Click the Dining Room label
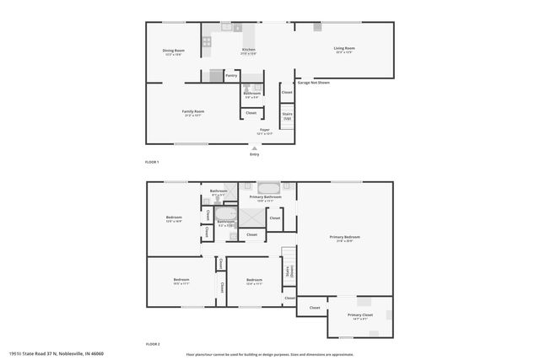(x=173, y=51)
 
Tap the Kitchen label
(x=248, y=50)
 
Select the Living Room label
(x=344, y=49)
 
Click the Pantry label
(x=231, y=76)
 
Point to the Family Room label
(x=193, y=111)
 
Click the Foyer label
(x=264, y=130)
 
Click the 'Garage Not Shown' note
(x=313, y=83)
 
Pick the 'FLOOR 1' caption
(x=152, y=161)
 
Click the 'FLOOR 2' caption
(x=153, y=344)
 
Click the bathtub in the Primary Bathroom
(x=267, y=187)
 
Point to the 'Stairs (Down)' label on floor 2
(x=289, y=271)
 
